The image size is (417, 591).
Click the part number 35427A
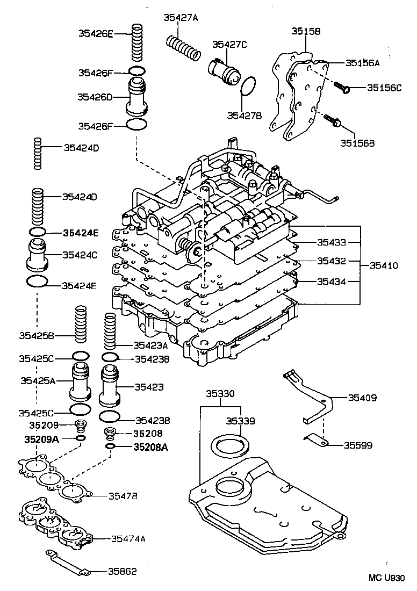click(181, 17)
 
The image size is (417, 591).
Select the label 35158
click(306, 31)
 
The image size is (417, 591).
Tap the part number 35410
click(384, 265)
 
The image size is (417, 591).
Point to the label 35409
click(362, 398)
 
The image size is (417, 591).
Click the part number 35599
click(358, 445)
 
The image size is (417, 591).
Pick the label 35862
click(123, 571)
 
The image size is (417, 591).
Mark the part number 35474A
click(128, 538)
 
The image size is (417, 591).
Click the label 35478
click(123, 496)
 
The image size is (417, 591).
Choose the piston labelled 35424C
click(38, 254)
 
